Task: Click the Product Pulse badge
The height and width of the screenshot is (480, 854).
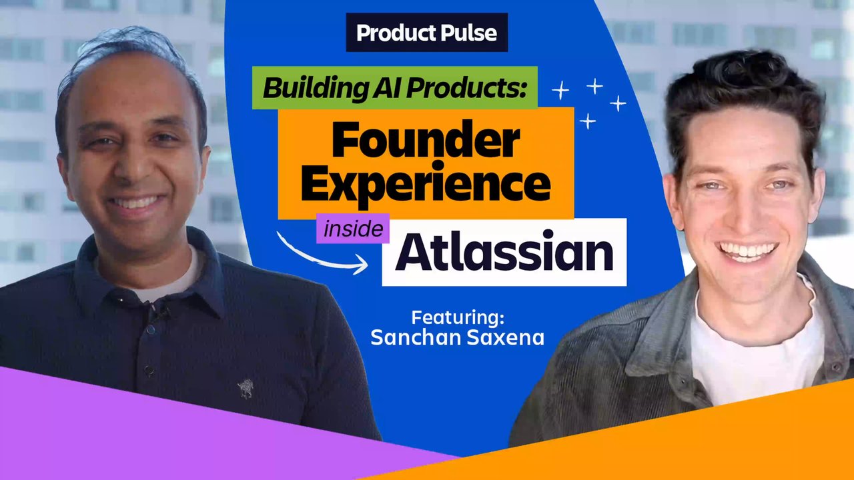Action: coord(426,33)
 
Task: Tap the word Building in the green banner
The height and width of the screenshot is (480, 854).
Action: coord(314,89)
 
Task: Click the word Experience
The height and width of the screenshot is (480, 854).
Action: coord(426,184)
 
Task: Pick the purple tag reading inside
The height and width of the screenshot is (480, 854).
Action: coord(353,229)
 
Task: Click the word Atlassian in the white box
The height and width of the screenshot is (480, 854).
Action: coord(504,251)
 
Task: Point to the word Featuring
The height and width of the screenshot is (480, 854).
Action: coord(458,317)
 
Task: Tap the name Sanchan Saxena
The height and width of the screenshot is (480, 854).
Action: coord(457,337)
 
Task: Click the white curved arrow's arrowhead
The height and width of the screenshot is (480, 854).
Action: coord(360,264)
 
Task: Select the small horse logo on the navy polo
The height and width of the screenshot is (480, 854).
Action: coord(246,389)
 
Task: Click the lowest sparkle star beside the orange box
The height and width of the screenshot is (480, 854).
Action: coord(588,121)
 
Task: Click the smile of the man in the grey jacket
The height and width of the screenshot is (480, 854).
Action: coord(747,251)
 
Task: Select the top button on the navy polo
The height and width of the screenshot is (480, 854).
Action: coord(151,329)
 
